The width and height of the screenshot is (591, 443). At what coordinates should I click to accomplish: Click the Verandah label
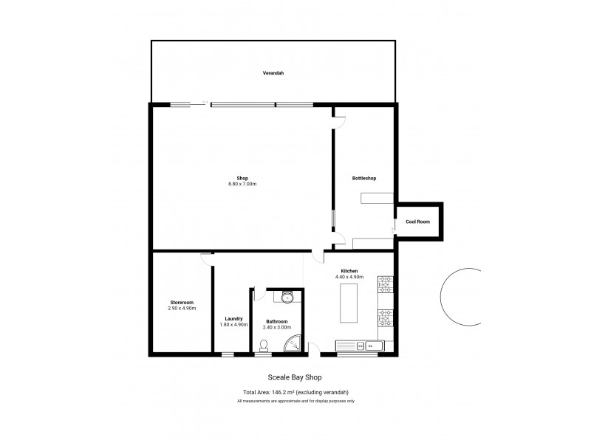pos(273,73)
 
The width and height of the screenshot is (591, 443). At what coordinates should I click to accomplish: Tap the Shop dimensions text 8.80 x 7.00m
pos(242,184)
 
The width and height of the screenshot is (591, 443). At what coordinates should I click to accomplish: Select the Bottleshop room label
pos(365,178)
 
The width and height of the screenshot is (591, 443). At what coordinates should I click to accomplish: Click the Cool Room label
pos(418,221)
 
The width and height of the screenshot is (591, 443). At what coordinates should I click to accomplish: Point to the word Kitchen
pos(349,271)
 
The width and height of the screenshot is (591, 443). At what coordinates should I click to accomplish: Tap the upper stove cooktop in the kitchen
pos(386,284)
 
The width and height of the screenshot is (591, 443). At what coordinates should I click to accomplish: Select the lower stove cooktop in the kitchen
pos(386,317)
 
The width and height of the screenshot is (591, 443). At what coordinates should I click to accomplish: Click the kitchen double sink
pos(358,345)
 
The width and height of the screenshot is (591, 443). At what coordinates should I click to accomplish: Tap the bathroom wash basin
pos(287,296)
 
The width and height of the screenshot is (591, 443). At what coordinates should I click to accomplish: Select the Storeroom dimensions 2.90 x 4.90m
pos(182,308)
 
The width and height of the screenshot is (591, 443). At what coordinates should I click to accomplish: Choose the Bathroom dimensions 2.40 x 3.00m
pos(278,327)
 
